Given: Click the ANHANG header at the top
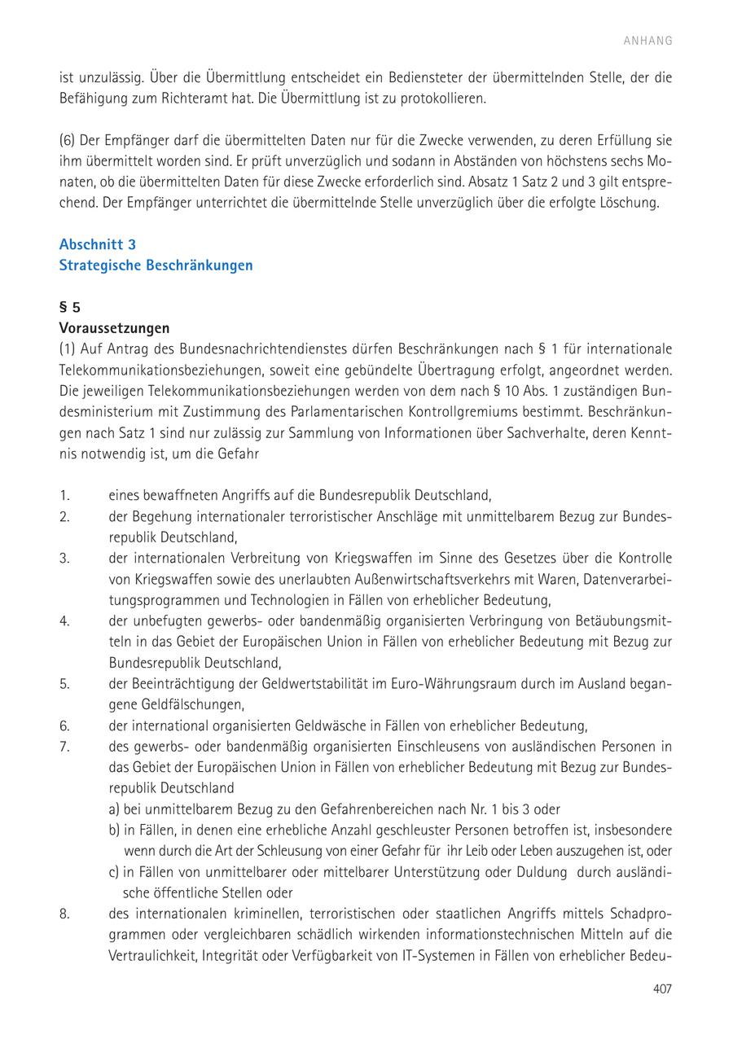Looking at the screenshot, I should click(648, 41).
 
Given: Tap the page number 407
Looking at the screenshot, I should click(662, 989).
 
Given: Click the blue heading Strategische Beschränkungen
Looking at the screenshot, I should click(156, 265).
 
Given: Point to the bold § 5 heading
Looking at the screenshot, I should click(70, 308).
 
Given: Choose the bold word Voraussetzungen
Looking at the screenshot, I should click(114, 328).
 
